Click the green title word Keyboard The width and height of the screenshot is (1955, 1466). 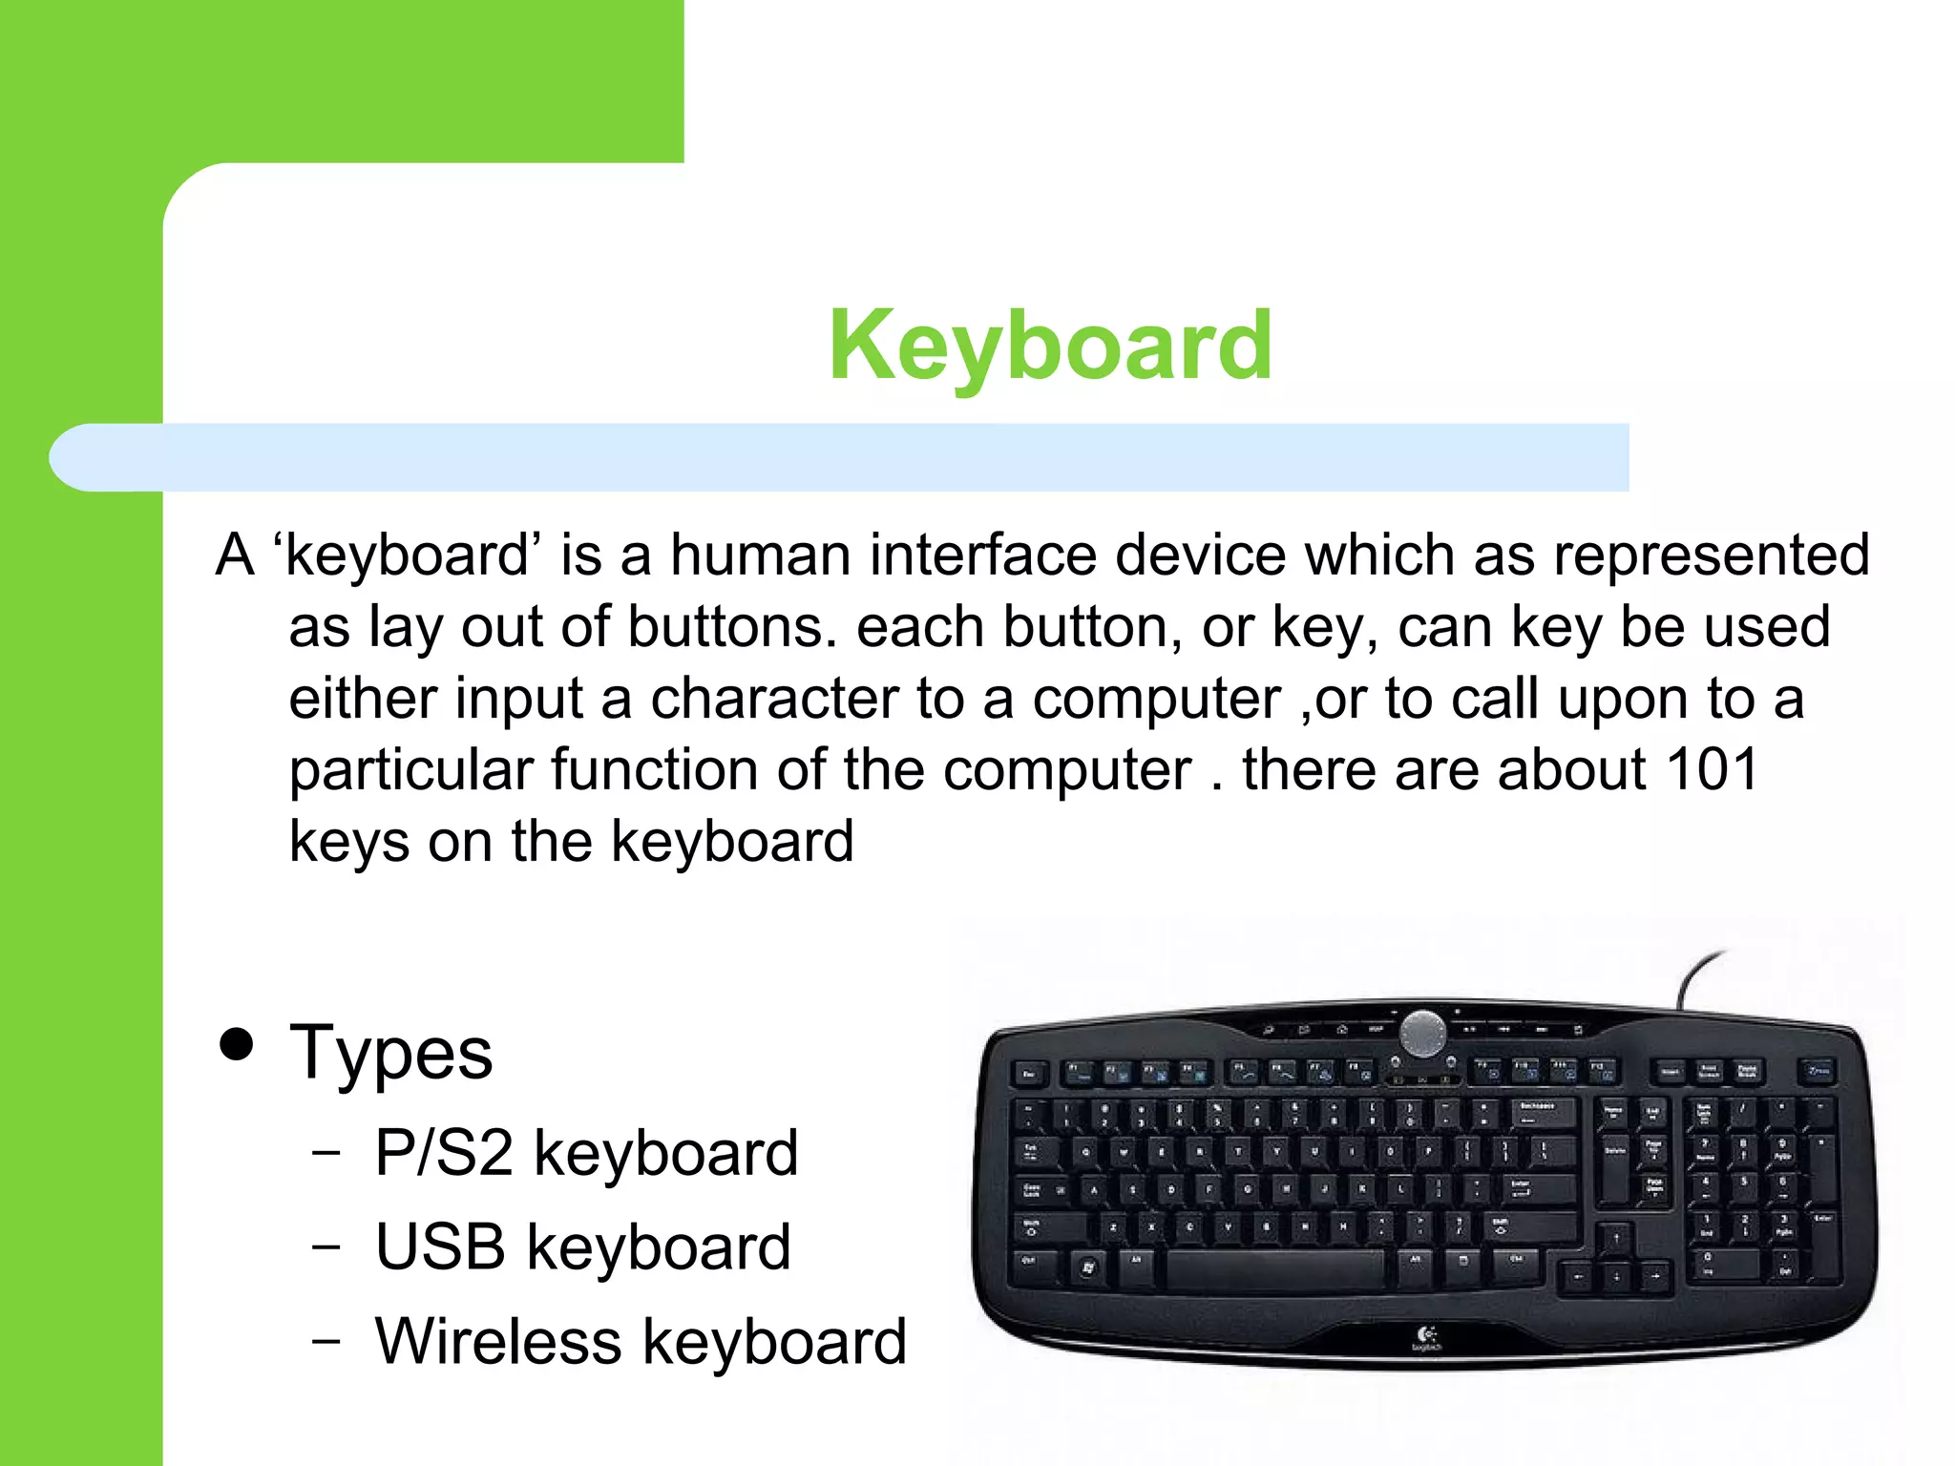click(1050, 346)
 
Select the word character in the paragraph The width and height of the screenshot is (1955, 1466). click(774, 699)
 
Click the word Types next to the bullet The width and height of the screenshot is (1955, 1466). click(391, 1053)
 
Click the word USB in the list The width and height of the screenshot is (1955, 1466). click(440, 1246)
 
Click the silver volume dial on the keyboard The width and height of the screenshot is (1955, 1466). click(1422, 1033)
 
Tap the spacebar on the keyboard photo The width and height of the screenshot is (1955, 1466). click(1274, 1268)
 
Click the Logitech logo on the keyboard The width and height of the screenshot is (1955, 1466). click(1427, 1337)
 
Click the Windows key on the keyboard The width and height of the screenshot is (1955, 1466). click(1088, 1267)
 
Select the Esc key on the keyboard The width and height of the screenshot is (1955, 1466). click(1029, 1075)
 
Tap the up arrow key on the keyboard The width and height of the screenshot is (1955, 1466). click(1615, 1238)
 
